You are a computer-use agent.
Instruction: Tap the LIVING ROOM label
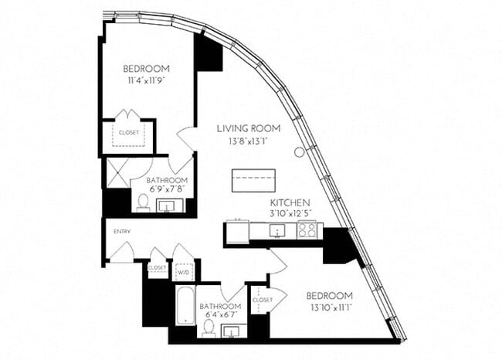248,128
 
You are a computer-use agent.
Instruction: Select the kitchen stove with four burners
307,229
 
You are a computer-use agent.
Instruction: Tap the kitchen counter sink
275,230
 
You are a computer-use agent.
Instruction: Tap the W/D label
184,271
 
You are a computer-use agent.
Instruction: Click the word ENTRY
122,231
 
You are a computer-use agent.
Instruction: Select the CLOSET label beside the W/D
157,267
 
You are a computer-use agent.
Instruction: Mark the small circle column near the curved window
299,153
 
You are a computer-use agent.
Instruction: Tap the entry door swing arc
124,250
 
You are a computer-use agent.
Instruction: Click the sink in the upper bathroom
169,206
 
